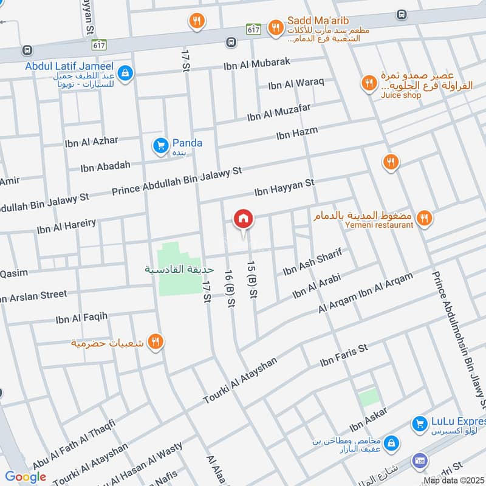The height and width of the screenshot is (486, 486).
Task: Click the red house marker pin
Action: coord(244,219)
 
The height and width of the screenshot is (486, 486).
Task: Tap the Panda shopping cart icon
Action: coord(161,145)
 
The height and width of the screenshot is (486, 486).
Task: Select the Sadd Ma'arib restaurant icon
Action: coord(276,27)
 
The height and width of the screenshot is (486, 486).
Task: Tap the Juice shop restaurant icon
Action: coord(368,84)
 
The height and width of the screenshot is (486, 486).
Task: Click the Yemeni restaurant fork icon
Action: coord(425,217)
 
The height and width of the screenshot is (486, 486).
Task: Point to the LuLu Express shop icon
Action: coord(419,424)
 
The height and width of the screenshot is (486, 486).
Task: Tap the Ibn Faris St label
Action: coord(344,357)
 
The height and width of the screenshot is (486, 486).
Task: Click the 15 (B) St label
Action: coord(250,279)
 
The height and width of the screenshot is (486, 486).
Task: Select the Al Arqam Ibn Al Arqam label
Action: coord(366,293)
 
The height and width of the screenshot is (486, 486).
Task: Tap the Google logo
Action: coord(26,477)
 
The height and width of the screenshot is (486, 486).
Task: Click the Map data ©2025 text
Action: coord(454,481)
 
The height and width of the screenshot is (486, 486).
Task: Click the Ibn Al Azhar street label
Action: coord(91,142)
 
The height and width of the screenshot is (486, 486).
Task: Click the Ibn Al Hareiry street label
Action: coord(66,226)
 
